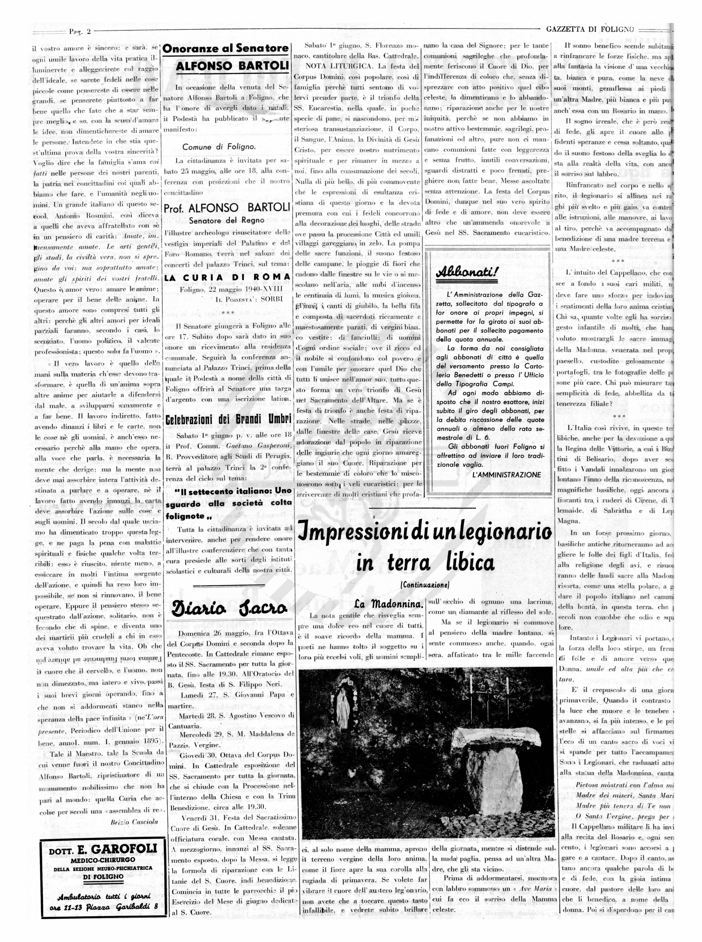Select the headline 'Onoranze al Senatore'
(226, 49)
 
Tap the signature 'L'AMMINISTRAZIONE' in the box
(507, 475)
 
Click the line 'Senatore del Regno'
(227, 220)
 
